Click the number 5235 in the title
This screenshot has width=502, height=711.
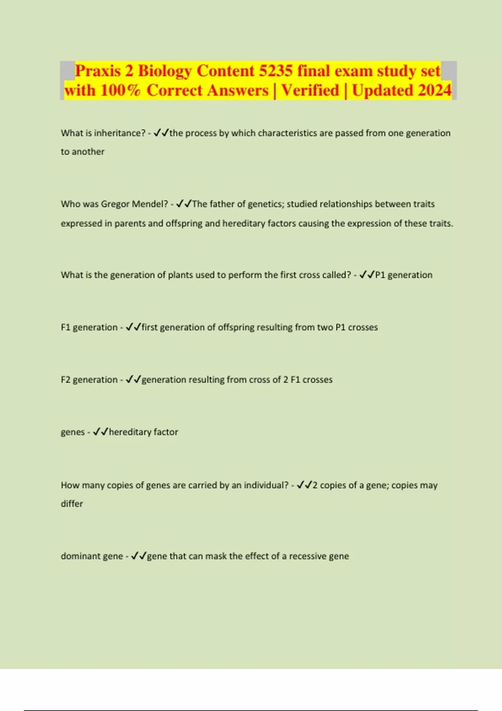[276, 71]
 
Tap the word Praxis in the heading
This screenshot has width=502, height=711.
[98, 71]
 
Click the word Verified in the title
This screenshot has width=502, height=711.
[310, 90]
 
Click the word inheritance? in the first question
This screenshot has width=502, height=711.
[120, 133]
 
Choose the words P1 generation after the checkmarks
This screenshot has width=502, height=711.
[404, 275]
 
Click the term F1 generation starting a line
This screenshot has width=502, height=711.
[89, 327]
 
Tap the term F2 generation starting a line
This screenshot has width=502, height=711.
[89, 380]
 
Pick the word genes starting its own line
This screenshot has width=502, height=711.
[73, 432]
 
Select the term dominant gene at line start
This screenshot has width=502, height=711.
[92, 556]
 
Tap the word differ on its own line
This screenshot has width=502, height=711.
[72, 504]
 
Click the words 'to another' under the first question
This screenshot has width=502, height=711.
[82, 152]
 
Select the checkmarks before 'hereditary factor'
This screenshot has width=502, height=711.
[100, 432]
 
